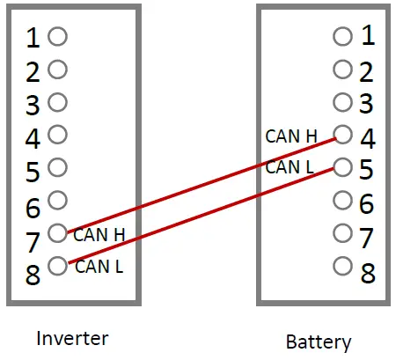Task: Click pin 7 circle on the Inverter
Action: pos(58,232)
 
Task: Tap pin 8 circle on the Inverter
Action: pos(58,264)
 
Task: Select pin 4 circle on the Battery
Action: pos(342,135)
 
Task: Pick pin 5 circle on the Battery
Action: pos(342,166)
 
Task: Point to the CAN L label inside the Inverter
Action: pos(98,265)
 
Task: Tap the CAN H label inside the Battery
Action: pos(290,136)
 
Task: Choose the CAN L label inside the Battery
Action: pos(290,166)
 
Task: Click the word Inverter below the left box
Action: pos(72,338)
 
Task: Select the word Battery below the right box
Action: pos(319,342)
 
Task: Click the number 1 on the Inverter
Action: pos(33,39)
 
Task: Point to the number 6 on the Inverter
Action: pos(33,208)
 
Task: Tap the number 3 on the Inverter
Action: pos(33,106)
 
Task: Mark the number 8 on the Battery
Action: pos(368,273)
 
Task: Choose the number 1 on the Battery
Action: pos(368,36)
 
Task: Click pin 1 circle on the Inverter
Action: pos(58,36)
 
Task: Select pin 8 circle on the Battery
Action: pos(342,265)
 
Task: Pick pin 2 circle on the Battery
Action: pos(342,69)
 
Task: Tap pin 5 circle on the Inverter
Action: pos(58,167)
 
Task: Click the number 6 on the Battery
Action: pos(368,204)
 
